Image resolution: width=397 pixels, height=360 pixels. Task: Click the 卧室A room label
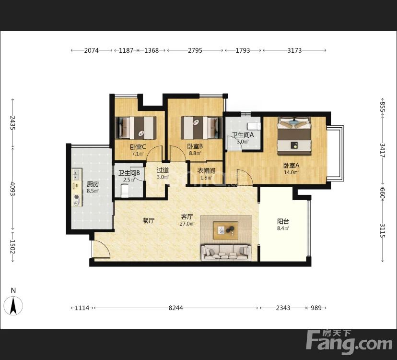pos(291,166)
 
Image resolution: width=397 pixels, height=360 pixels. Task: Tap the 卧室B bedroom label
pos(195,146)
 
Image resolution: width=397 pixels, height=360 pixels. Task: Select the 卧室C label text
pos(138,147)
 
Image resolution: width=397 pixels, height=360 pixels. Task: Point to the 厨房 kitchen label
pos(93,184)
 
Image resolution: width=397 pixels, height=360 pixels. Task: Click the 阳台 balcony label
pos(283,221)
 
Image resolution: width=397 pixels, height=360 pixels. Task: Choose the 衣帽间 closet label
pos(206,171)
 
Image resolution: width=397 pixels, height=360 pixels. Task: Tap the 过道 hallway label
pos(163,170)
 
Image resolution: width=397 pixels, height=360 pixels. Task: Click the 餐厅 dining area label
pos(148,221)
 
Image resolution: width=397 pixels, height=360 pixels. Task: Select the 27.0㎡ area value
pos(187,224)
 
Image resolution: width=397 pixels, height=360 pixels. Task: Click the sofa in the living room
pos(226,252)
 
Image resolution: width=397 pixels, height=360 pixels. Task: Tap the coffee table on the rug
pos(225,230)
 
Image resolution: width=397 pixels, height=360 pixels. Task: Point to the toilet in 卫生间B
pos(125,191)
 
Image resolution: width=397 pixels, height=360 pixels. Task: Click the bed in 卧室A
pos(294,136)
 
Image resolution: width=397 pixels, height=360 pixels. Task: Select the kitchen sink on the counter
pos(76,175)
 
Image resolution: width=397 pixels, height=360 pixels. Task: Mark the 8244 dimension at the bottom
pos(175,308)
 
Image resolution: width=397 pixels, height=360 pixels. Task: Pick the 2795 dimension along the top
pos(195,50)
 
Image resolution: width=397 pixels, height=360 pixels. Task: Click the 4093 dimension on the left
pos(12,189)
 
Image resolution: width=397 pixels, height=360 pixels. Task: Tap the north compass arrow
pos(13,305)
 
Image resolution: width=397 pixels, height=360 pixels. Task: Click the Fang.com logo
pos(349,342)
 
